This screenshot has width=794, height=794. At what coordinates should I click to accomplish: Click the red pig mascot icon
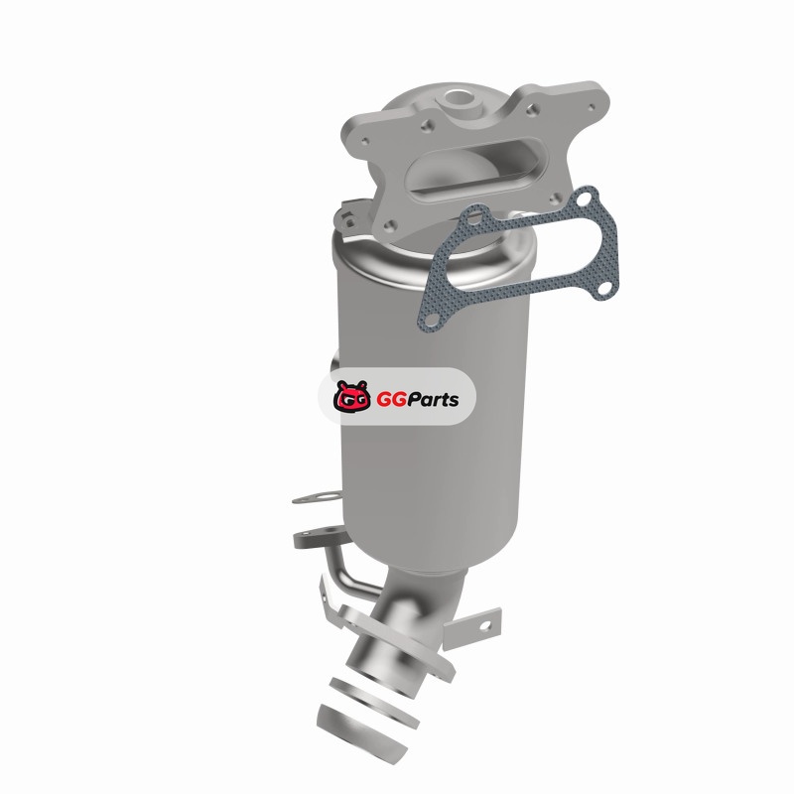(351, 396)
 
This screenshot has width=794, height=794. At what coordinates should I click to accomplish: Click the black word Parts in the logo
(432, 399)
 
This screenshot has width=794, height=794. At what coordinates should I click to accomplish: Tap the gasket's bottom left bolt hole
(432, 319)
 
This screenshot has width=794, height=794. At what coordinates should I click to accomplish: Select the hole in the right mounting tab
(484, 626)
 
